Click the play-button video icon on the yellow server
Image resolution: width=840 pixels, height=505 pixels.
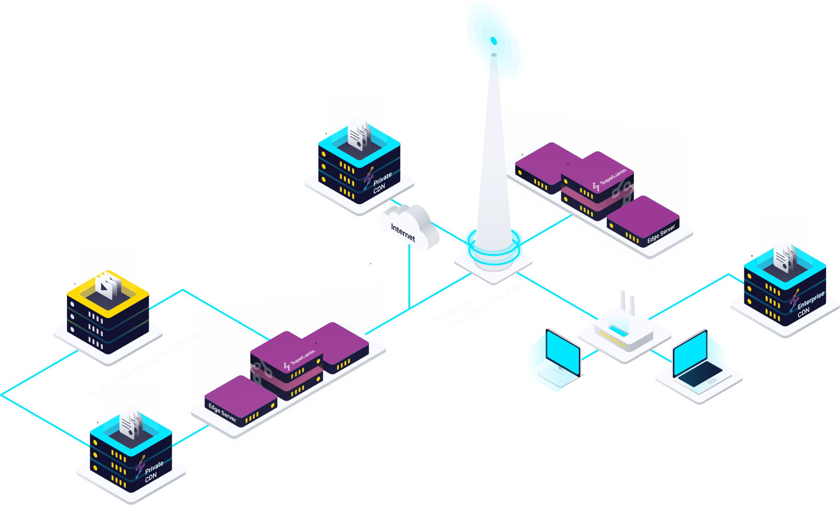(x=108, y=285)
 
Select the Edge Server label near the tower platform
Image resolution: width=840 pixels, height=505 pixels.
(x=661, y=234)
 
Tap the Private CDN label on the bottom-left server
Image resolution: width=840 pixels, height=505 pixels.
(x=153, y=472)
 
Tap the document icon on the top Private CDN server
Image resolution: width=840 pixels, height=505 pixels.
(x=359, y=136)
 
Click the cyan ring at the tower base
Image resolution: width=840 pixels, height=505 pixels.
(x=494, y=249)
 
